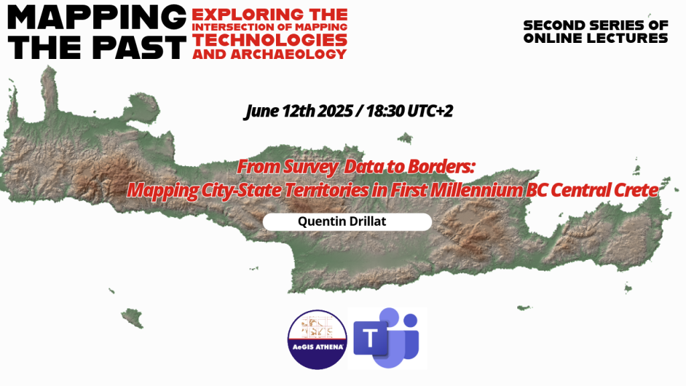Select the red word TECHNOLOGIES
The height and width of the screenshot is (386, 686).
[269, 40]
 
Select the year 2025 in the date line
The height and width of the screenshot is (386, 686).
[335, 111]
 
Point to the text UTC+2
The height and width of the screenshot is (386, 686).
[430, 111]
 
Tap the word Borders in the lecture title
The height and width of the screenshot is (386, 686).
[441, 167]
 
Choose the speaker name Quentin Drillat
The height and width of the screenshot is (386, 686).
[342, 221]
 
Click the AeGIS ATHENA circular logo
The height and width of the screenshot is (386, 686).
[317, 339]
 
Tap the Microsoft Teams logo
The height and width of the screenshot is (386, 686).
[387, 338]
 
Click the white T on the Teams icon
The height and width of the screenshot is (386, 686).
[370, 338]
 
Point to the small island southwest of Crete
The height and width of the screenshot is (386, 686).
[132, 317]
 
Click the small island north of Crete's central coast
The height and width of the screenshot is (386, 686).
[405, 138]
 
